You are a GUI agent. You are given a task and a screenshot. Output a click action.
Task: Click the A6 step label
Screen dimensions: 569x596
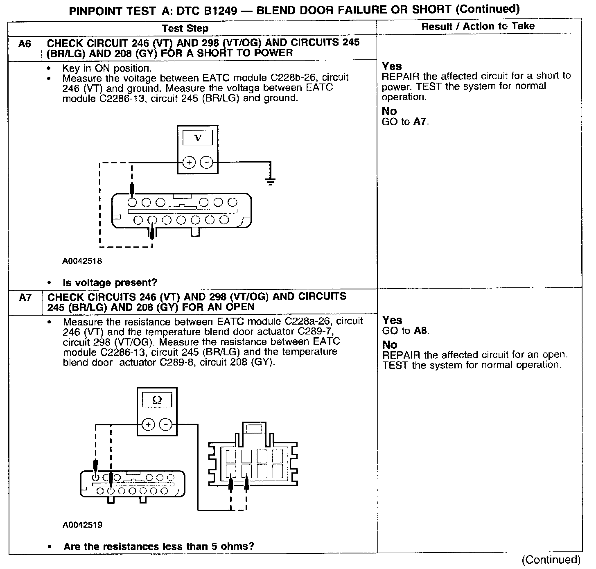pos(25,44)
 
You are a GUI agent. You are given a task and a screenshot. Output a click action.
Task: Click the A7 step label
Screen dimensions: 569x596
pos(25,298)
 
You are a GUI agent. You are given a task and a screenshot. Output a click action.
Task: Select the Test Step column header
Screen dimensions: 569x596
pos(185,28)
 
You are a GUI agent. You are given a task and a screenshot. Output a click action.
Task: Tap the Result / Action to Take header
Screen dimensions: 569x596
pos(478,26)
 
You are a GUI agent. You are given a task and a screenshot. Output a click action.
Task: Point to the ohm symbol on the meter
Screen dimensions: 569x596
pos(157,400)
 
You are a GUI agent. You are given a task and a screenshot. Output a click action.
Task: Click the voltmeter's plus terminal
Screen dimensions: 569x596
pos(189,163)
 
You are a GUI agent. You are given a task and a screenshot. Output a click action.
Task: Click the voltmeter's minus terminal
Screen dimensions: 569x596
pos(207,163)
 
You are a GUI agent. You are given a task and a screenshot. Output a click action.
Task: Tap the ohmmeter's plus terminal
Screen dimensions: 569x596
pos(148,425)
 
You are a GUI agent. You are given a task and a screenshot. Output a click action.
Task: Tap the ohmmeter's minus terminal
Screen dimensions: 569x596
pos(165,425)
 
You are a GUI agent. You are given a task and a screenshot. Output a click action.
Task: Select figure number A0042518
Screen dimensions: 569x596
pos(82,261)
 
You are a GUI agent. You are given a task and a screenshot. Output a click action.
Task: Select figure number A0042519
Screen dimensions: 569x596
pos(82,525)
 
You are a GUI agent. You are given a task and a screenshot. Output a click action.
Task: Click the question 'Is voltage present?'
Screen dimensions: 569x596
pos(110,282)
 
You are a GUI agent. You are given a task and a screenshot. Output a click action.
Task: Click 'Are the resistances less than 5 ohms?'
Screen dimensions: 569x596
pos(159,546)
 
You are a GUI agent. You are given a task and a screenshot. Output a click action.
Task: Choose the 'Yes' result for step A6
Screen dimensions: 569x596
pos(392,66)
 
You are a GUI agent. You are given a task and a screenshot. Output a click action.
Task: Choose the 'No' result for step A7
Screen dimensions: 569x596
pos(390,345)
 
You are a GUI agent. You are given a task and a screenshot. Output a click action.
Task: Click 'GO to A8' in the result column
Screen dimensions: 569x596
pos(406,331)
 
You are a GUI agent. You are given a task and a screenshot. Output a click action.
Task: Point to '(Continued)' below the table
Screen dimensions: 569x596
pos(551,559)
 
